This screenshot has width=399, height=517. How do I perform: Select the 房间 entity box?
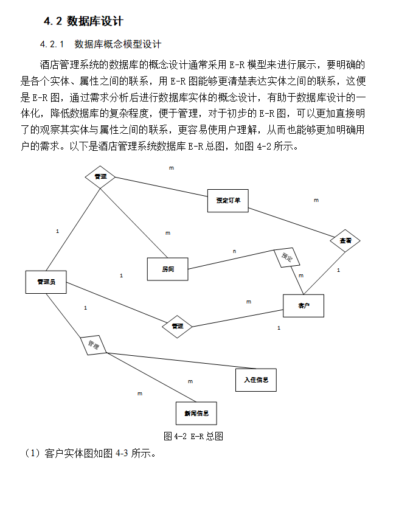click(168, 269)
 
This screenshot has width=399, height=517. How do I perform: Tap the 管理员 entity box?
click(46, 282)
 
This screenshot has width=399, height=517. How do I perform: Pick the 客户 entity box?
click(304, 305)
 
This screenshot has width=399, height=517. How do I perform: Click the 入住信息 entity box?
click(255, 380)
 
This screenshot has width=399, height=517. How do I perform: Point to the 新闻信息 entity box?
click(196, 414)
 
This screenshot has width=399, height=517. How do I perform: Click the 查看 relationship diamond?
click(345, 241)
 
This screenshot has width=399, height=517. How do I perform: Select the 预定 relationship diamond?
click(287, 258)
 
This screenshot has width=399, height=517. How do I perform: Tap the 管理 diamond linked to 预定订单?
click(100, 176)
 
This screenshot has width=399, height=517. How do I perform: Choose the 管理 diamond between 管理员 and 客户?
click(177, 326)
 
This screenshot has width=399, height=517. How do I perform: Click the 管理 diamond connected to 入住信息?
click(94, 345)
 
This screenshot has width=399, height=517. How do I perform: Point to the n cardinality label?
click(234, 251)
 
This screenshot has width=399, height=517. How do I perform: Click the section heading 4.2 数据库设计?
click(83, 21)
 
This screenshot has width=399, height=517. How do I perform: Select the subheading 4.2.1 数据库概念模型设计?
click(100, 44)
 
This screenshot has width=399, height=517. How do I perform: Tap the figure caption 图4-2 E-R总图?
click(194, 436)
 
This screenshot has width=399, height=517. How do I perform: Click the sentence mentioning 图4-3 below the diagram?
click(91, 453)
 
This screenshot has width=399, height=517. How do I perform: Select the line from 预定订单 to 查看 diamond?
click(289, 221)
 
